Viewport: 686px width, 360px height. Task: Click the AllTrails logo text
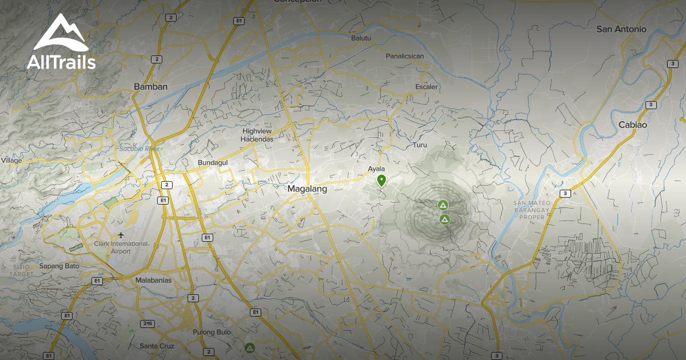[x=61, y=62]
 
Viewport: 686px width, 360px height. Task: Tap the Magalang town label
[x=307, y=189]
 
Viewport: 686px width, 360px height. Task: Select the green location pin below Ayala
[x=381, y=181]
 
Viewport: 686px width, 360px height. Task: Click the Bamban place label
[x=150, y=87]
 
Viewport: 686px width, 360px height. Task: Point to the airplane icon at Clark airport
[x=121, y=235]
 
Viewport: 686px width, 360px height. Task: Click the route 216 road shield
[x=148, y=324]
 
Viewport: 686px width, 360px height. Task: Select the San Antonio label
[x=621, y=29]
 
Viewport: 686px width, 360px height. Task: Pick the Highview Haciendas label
[x=258, y=135]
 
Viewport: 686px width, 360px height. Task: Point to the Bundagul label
[x=213, y=163]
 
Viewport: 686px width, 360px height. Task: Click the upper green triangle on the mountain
[x=442, y=205]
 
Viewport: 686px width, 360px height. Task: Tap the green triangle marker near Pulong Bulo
[x=249, y=347]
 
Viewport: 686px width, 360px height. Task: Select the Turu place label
[x=420, y=145]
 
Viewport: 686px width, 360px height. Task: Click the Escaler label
[x=426, y=87]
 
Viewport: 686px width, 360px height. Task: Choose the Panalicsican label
[x=405, y=56]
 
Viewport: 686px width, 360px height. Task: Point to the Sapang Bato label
[x=59, y=266]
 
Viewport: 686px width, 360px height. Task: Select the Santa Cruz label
[x=157, y=346]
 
